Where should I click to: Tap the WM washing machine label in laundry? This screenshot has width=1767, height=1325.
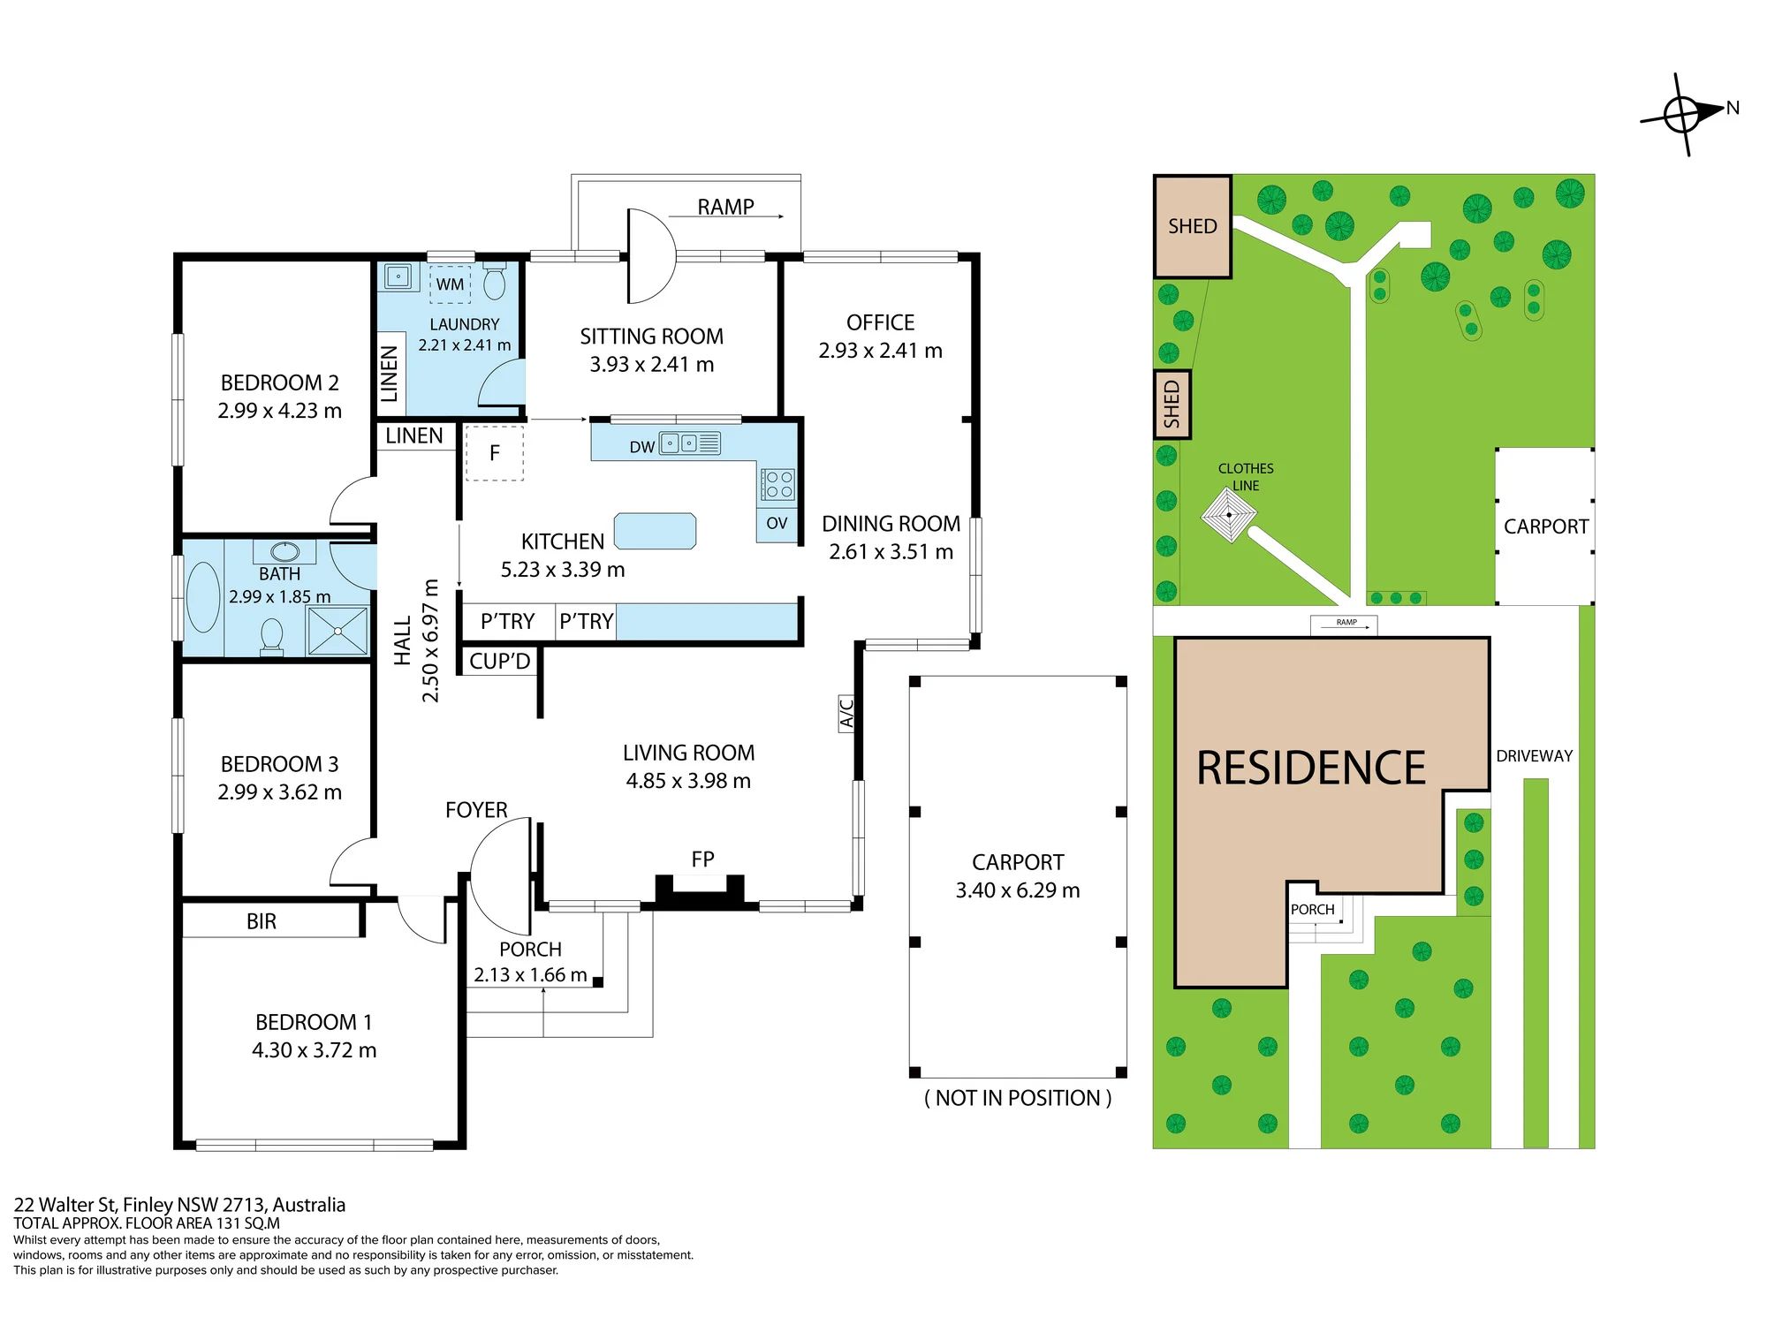(450, 284)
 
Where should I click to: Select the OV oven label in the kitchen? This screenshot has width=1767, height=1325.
(777, 523)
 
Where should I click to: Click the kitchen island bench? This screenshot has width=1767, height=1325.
(655, 531)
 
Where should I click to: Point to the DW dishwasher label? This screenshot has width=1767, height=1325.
(642, 447)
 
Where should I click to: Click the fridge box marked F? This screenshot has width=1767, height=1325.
(495, 453)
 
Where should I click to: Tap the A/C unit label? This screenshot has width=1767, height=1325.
(846, 713)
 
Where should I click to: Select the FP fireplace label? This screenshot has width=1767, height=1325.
(702, 859)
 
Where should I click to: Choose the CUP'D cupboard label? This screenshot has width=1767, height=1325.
(500, 661)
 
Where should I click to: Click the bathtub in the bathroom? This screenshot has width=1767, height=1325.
(203, 597)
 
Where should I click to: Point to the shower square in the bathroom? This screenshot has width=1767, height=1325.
(337, 631)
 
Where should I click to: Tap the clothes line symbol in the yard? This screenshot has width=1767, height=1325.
(1229, 515)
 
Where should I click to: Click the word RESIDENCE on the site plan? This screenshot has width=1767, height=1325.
(1311, 768)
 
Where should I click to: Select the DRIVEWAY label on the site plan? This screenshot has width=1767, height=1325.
(1535, 756)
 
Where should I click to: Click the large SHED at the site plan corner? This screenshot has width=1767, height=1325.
(1193, 227)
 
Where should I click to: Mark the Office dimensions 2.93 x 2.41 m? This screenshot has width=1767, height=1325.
(881, 351)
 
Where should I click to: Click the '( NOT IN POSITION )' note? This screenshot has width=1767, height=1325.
(1018, 1098)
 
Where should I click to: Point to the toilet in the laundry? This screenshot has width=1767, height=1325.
(495, 280)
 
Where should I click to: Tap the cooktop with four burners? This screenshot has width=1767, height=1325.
(778, 484)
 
